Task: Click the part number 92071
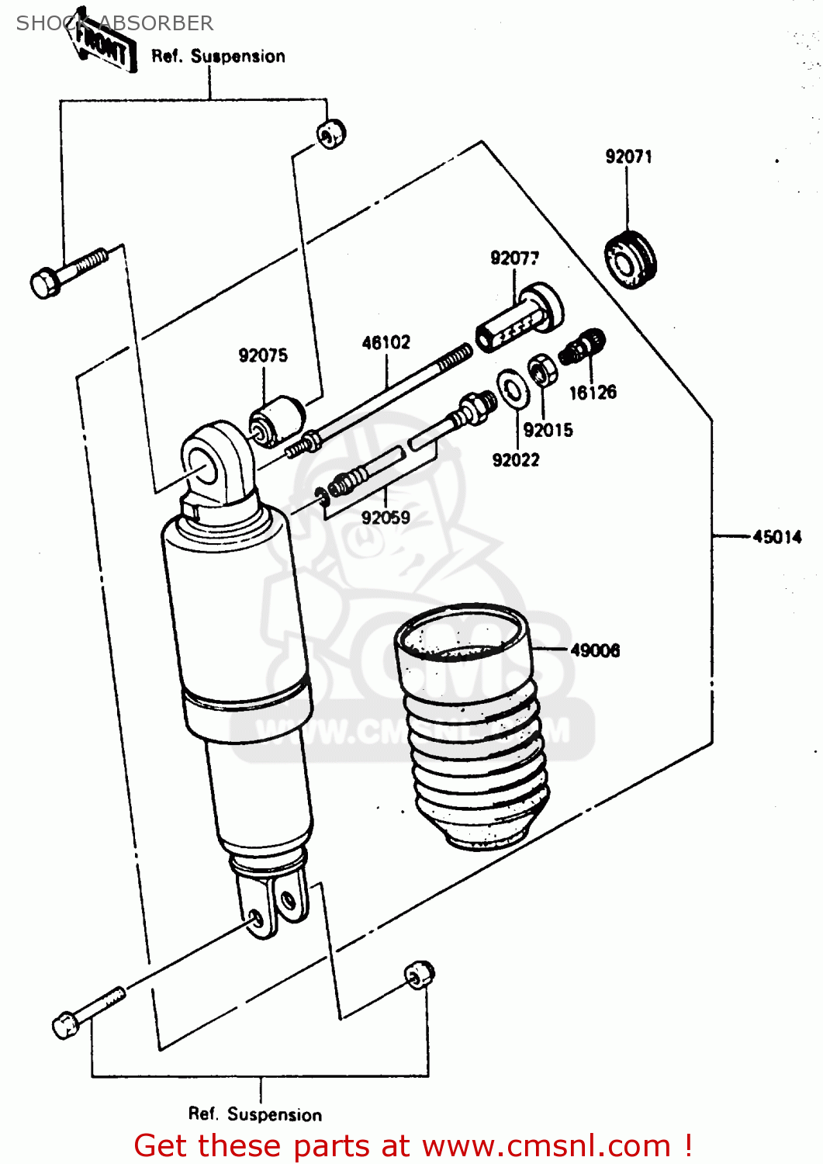628,157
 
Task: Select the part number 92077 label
514,258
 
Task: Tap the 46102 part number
386,342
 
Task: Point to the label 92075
263,355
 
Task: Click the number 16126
593,393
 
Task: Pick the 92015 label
548,430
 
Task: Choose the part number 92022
516,460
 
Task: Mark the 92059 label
386,518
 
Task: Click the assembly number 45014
776,536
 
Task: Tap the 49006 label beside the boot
595,650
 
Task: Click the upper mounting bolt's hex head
46,282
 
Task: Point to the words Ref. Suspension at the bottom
255,1114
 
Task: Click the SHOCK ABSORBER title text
115,23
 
